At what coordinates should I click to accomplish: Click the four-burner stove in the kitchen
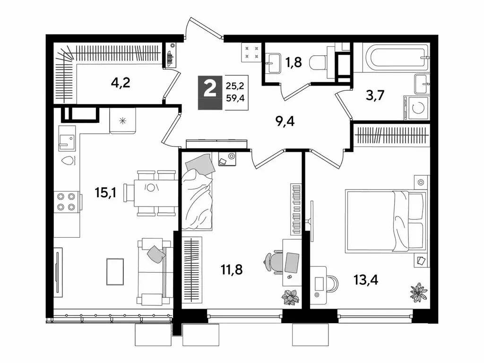tap(66, 201)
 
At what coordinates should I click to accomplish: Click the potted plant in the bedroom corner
tap(418, 292)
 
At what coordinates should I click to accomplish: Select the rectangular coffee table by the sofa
tap(115, 271)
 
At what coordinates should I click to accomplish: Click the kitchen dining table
tap(150, 193)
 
